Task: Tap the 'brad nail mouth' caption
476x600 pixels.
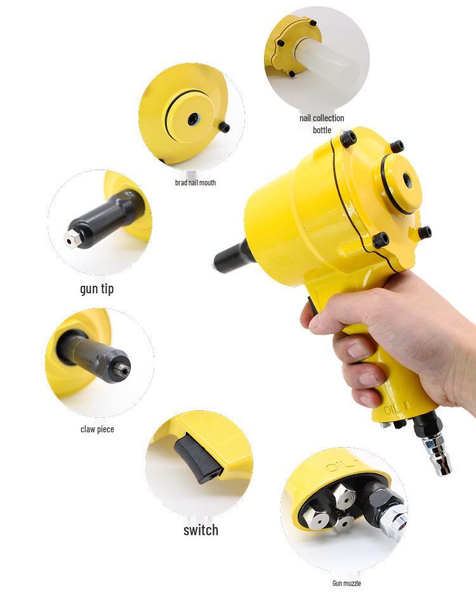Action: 195,183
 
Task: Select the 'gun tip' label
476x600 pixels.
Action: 97,289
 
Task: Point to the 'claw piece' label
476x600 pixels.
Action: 97,429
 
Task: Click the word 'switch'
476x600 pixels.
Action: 201,530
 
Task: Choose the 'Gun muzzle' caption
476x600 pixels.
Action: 347,583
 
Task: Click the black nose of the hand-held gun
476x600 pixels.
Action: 228,257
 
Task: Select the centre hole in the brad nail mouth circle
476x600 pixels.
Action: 193,118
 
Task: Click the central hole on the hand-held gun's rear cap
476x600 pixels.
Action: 407,182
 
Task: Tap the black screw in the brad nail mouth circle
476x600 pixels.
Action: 224,128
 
